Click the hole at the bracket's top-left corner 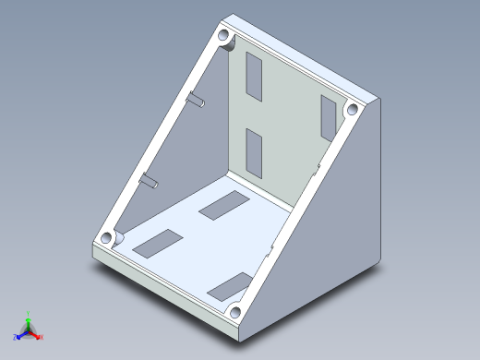click(224, 39)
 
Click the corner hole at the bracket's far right click(351, 110)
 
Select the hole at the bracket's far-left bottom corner click(109, 236)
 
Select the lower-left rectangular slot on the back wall click(254, 151)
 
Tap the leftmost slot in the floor click(160, 242)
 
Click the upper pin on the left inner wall click(197, 99)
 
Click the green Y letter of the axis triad click(30, 313)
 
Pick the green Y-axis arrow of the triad click(29, 322)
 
